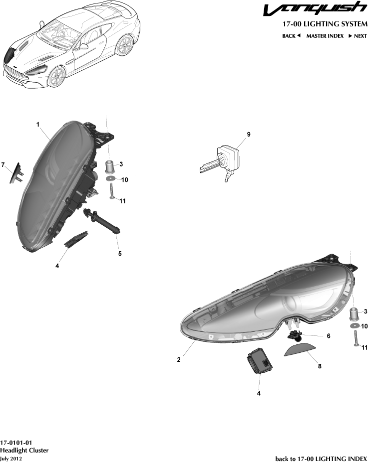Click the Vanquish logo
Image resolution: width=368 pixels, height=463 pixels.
[315, 8]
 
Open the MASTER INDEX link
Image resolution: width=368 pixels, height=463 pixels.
[325, 36]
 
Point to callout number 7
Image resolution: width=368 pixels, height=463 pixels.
[3, 165]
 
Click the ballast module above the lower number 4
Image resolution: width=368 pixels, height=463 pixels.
[260, 361]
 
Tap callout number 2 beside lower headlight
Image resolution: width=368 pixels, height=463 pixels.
[179, 360]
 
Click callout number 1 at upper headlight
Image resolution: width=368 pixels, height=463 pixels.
[38, 125]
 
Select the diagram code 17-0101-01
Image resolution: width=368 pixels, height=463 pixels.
[16, 443]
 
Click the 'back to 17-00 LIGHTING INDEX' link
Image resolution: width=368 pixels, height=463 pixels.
[321, 459]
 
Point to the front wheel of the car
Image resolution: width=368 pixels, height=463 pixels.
[57, 76]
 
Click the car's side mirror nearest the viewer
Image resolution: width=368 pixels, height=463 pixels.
[83, 47]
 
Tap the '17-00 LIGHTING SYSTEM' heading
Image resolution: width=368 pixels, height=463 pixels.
[325, 24]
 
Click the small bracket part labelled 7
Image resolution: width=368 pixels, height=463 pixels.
[16, 173]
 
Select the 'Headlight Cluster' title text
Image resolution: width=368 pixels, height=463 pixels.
[24, 451]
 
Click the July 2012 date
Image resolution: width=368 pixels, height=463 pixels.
[11, 459]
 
